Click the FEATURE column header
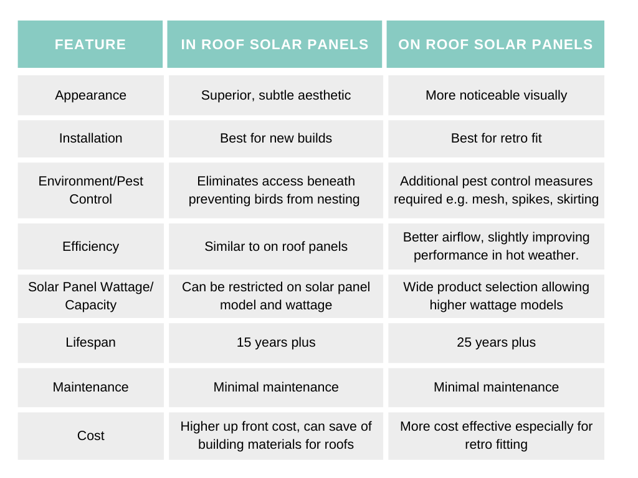[x=90, y=44]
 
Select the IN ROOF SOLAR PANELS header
[x=275, y=44]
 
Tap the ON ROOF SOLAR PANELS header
[x=495, y=44]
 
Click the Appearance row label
[x=90, y=95]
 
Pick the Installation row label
[x=90, y=138]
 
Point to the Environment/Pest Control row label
[x=90, y=190]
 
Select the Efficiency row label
[x=90, y=246]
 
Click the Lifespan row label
[x=90, y=342]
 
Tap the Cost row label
[x=90, y=436]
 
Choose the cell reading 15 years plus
[x=276, y=342]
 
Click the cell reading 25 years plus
[x=496, y=342]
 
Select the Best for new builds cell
[x=276, y=138]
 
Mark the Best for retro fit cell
[x=496, y=138]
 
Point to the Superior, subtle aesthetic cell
[x=276, y=95]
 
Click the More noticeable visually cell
[x=496, y=95]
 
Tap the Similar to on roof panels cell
[x=276, y=246]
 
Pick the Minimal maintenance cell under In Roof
[x=276, y=387]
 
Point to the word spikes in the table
[x=536, y=199]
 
